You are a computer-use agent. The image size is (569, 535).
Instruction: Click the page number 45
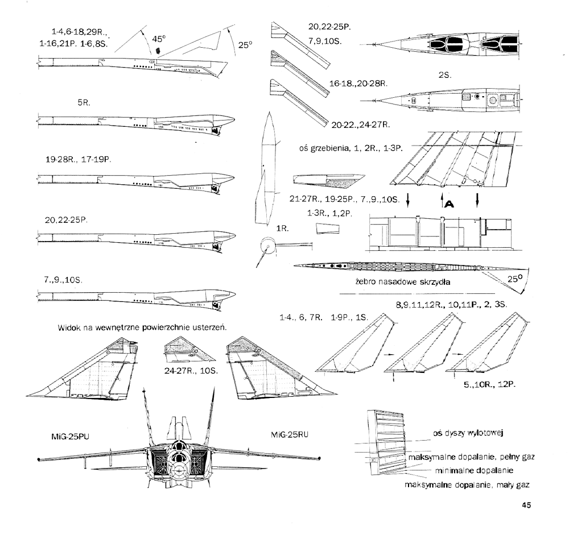[526, 505]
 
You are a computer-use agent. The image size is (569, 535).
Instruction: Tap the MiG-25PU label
[70, 436]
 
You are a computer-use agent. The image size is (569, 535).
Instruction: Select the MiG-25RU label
[289, 434]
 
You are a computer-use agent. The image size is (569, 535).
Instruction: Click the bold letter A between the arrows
[450, 204]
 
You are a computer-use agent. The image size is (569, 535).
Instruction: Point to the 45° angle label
[159, 39]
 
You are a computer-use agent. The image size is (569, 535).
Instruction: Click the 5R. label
[84, 103]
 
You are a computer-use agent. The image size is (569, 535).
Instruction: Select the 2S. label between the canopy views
[444, 75]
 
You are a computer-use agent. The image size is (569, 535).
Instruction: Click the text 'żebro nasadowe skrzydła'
[403, 282]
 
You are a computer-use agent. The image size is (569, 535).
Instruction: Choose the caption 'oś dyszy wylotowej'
[468, 433]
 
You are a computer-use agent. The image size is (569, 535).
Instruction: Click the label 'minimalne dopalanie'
[474, 470]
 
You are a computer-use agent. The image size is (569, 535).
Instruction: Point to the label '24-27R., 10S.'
[191, 371]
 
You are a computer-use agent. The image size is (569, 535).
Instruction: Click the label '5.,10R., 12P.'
[489, 384]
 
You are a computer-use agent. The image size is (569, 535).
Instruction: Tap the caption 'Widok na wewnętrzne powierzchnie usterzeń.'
[142, 327]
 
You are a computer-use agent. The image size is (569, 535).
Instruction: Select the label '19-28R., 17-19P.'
[79, 160]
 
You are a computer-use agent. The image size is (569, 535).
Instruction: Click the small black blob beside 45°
[158, 50]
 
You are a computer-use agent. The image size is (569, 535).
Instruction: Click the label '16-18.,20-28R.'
[358, 84]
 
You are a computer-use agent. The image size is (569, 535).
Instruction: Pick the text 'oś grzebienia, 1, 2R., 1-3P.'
[351, 148]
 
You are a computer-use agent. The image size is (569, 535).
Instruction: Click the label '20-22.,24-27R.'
[361, 125]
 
